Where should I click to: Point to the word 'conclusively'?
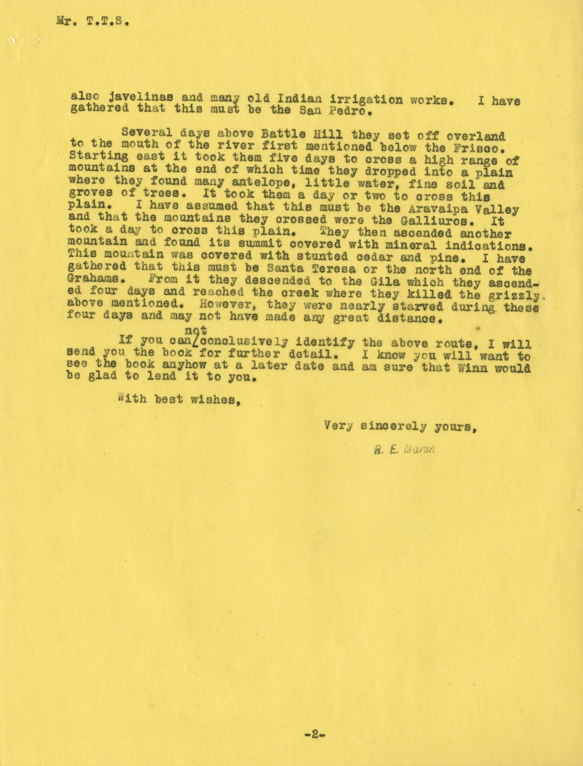click(x=244, y=342)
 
